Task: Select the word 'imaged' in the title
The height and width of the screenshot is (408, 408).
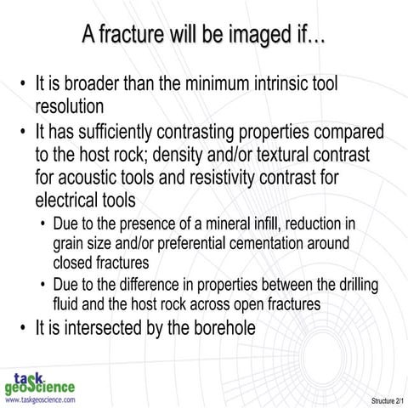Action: (x=256, y=35)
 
